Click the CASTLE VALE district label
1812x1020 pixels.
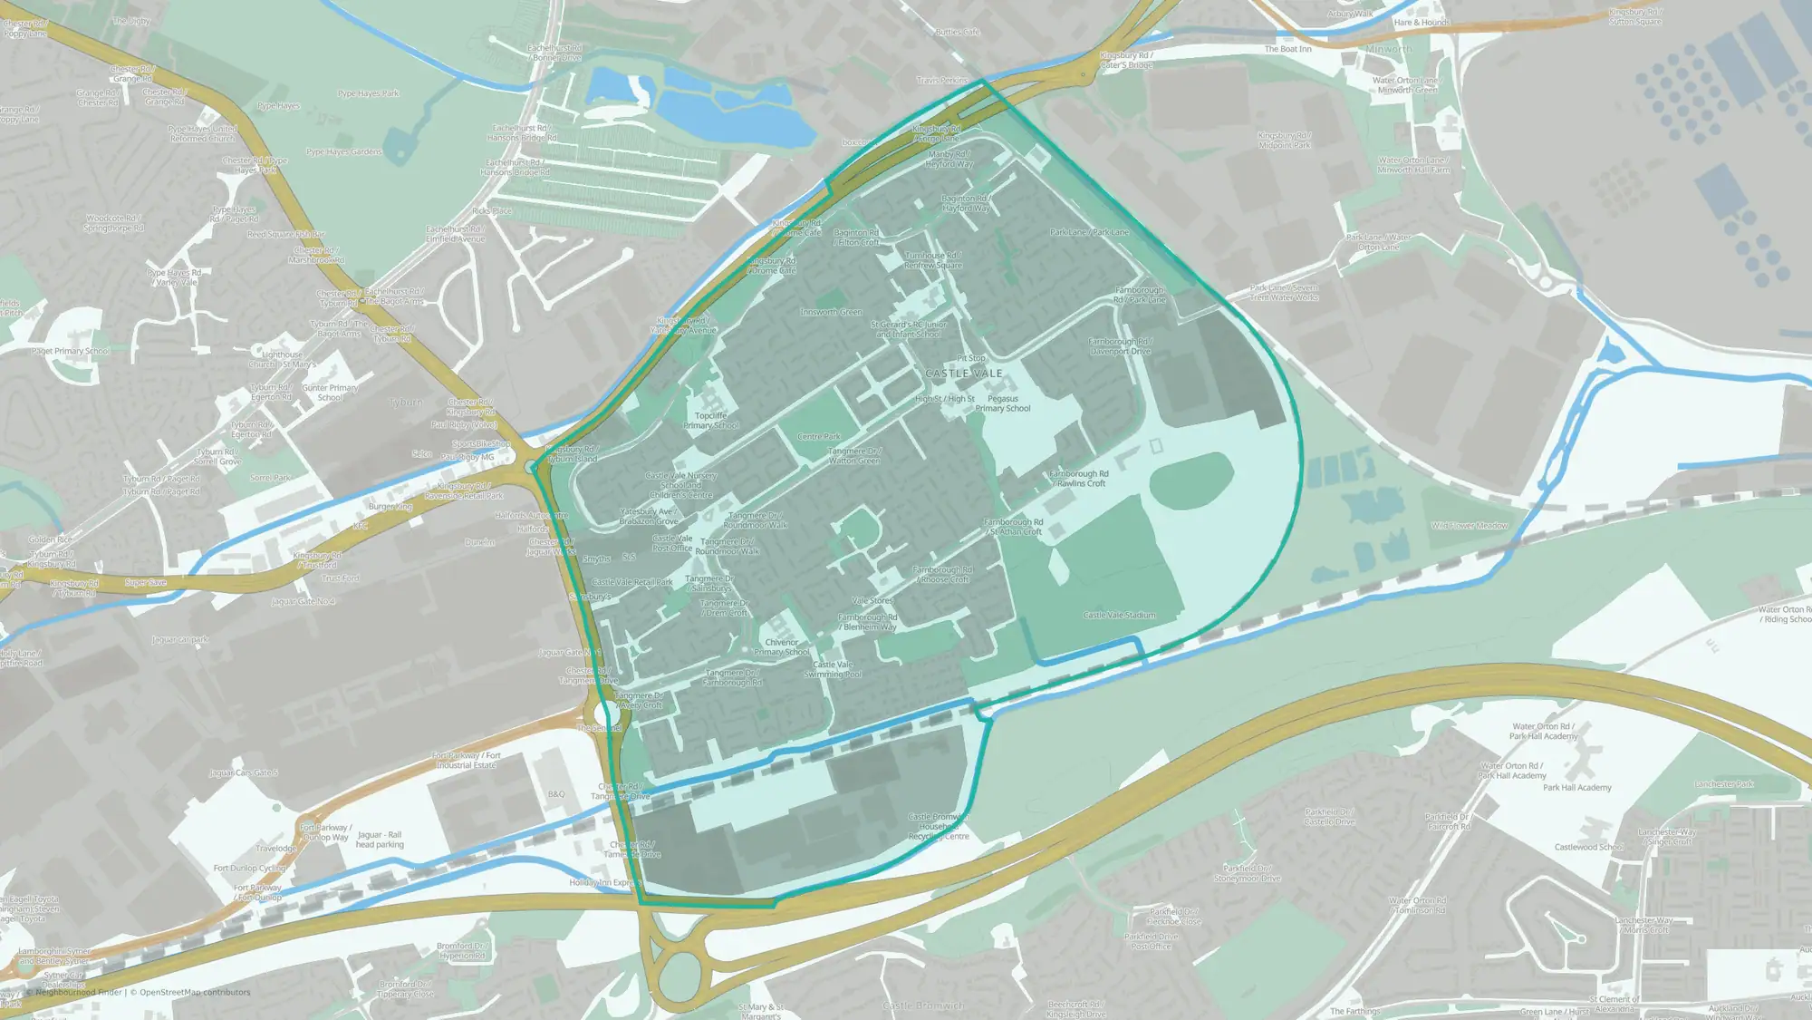point(964,374)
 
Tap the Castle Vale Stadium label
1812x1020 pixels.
point(1119,615)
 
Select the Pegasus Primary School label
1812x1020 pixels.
point(1003,403)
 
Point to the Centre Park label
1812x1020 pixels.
point(818,436)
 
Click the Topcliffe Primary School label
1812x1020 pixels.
point(711,421)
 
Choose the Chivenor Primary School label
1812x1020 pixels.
point(782,646)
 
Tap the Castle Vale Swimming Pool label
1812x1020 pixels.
point(834,669)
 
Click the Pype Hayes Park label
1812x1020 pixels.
point(368,93)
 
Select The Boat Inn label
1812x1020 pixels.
point(1287,49)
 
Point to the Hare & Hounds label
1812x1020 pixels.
point(1422,23)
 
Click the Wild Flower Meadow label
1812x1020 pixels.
point(1470,526)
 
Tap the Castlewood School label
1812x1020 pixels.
point(1589,847)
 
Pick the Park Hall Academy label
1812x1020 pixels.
point(1576,787)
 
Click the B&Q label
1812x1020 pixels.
point(556,794)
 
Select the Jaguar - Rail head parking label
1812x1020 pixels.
point(380,840)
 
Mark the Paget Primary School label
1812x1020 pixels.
point(70,351)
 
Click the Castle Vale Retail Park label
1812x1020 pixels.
point(632,582)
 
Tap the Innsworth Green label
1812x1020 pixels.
point(831,312)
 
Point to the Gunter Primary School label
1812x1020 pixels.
point(330,393)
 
